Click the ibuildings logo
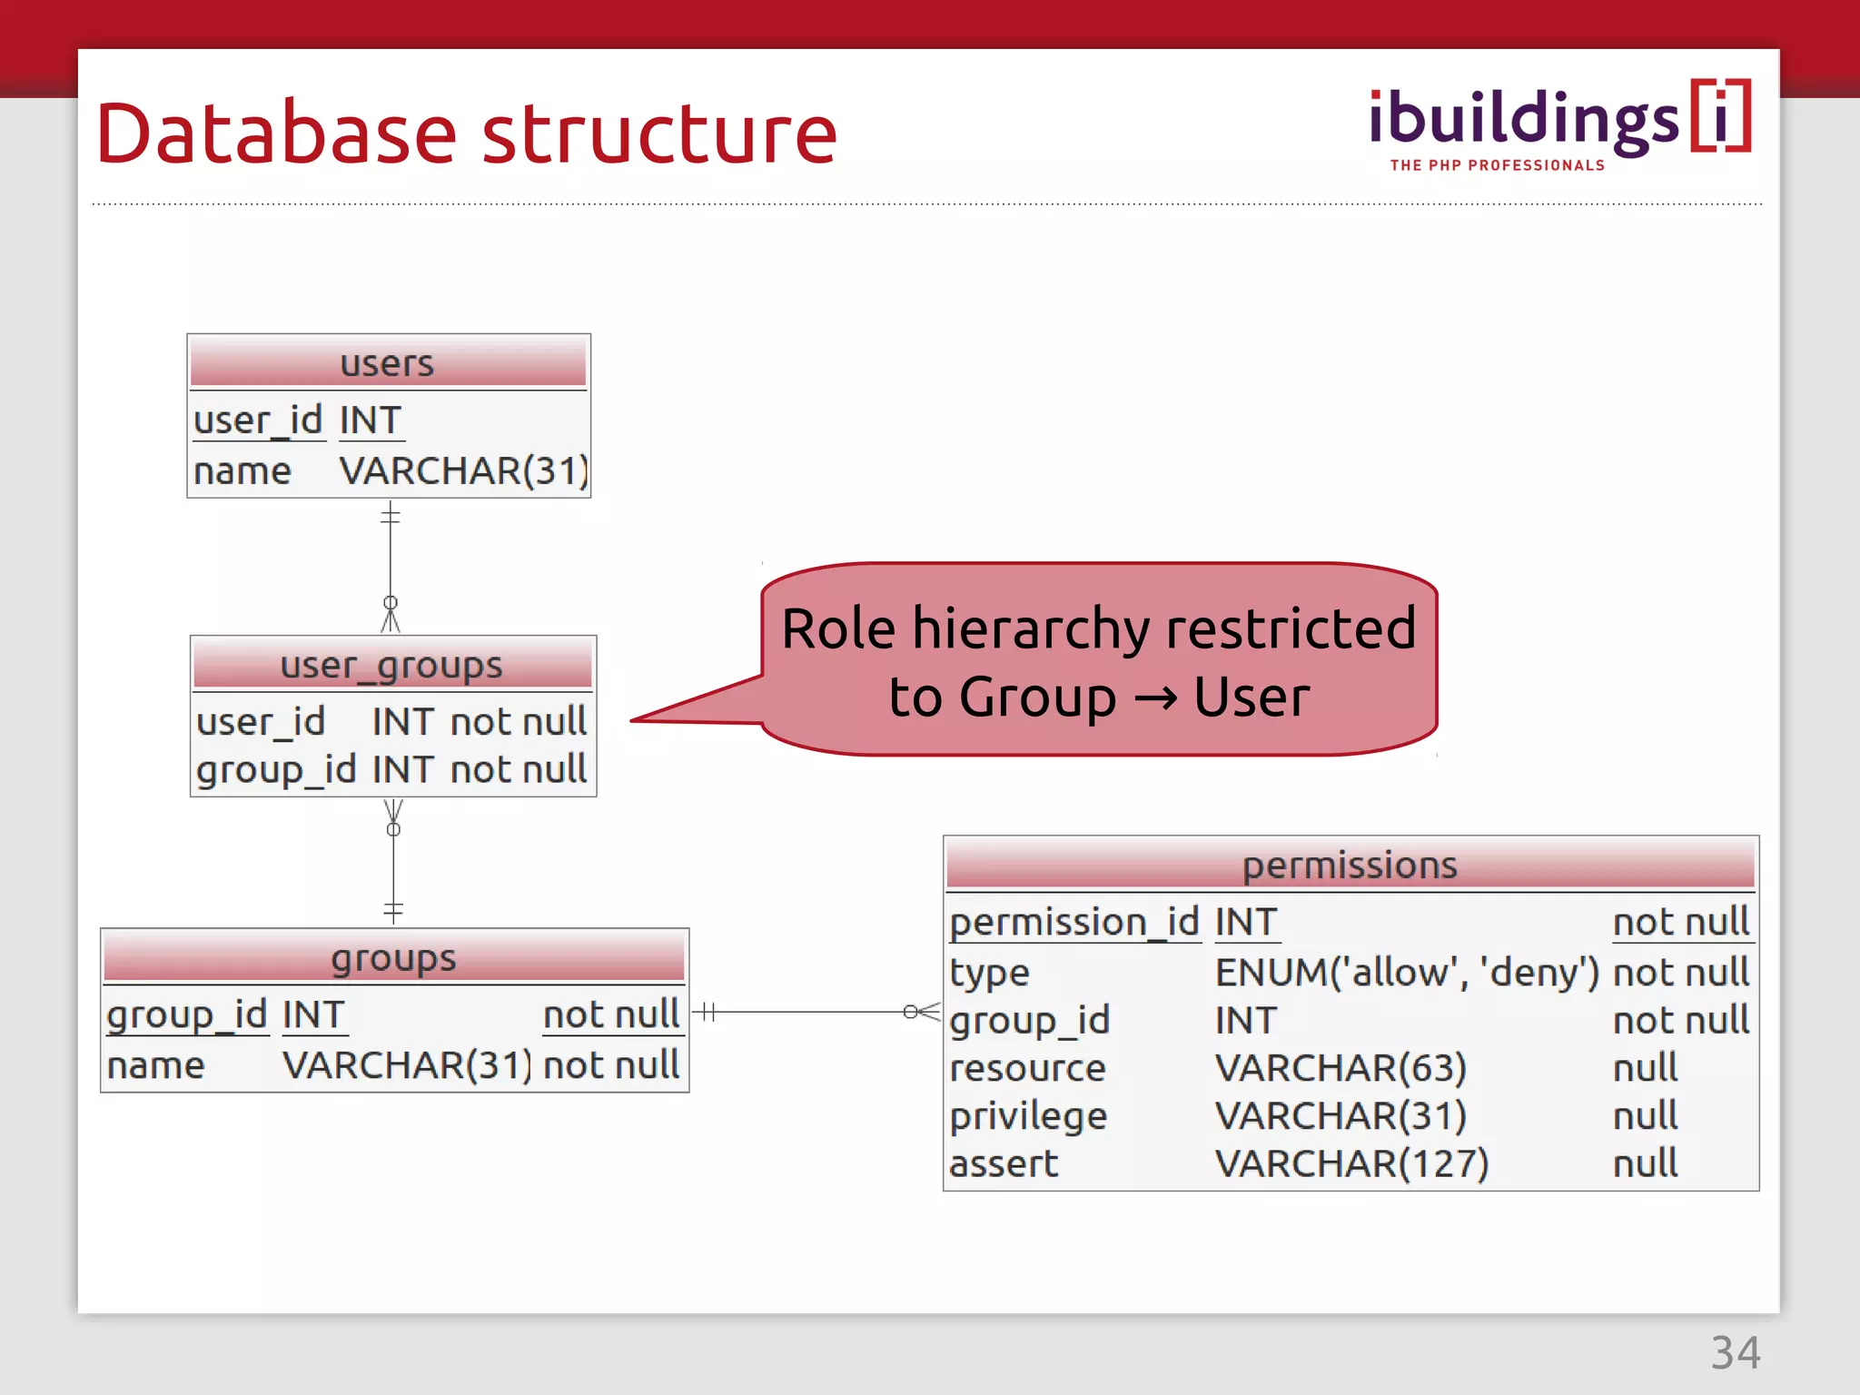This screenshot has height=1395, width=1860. (1558, 123)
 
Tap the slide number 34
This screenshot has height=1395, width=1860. (1735, 1352)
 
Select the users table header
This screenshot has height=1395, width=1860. (388, 363)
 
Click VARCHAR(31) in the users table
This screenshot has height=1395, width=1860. (463, 471)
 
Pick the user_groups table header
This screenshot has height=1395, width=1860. (391, 665)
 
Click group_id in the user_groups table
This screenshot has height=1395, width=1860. (275, 769)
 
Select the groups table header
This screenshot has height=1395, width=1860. (393, 957)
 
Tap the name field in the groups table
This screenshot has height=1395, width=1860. (155, 1065)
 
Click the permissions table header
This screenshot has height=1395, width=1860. (1350, 865)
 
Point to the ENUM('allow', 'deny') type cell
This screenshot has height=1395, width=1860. (1406, 973)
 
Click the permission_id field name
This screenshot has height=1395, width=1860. (1073, 923)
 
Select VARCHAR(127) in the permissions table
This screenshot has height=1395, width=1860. (1351, 1163)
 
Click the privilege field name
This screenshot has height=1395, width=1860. (1028, 1116)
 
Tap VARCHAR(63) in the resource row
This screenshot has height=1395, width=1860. (1341, 1068)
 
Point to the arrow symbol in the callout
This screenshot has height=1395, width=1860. (1155, 698)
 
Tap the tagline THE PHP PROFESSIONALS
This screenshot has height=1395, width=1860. (1497, 165)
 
